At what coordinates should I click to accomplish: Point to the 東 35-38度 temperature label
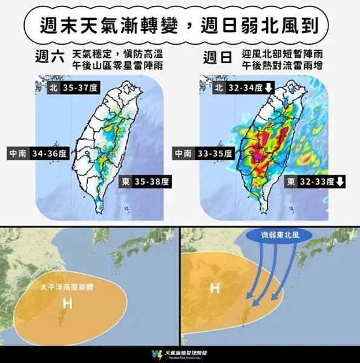click(146, 181)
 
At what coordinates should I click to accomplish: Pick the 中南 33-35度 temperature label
click(202, 154)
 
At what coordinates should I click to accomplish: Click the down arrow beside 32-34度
click(269, 88)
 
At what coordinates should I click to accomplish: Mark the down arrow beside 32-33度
click(340, 181)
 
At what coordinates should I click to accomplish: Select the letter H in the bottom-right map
click(214, 288)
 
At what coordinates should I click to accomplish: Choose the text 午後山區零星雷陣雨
click(117, 65)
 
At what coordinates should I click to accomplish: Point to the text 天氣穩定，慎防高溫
click(117, 53)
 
